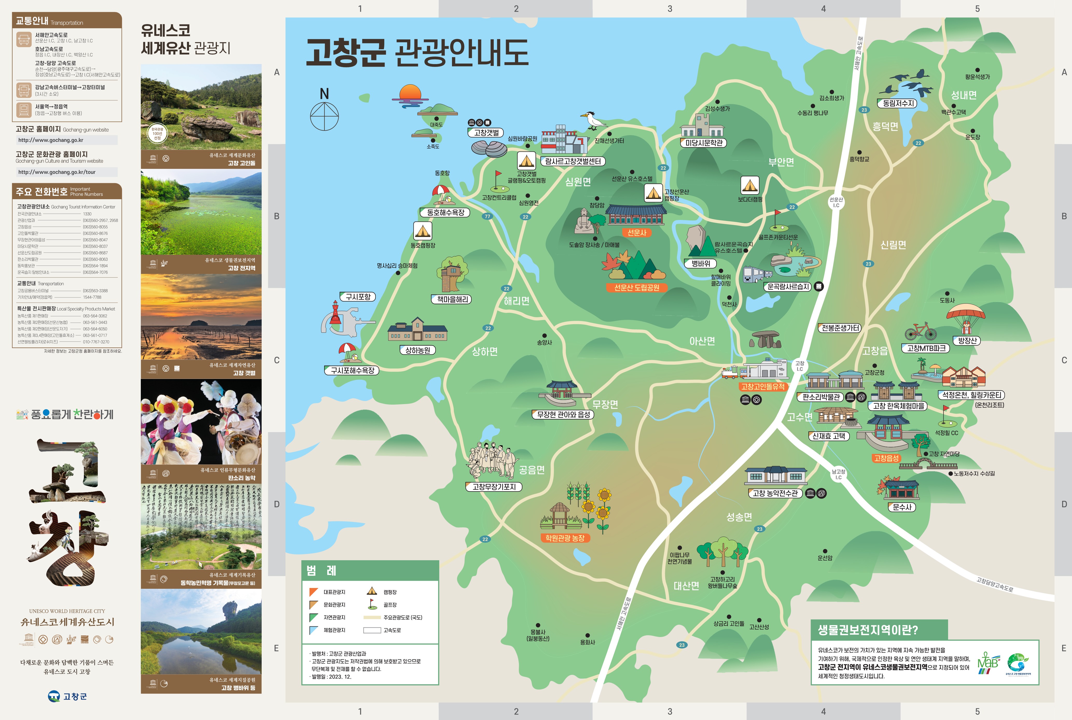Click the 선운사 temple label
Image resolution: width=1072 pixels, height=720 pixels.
637,233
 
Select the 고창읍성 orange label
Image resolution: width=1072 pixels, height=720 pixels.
886,458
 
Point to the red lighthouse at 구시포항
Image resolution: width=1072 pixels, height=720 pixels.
336,315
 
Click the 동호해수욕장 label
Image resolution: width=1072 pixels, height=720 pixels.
445,213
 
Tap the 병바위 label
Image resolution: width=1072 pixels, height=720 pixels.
701,264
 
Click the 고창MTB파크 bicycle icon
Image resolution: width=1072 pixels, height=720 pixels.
921,331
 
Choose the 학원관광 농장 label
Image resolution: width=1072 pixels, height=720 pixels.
565,538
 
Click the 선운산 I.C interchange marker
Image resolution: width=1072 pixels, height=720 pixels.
836,202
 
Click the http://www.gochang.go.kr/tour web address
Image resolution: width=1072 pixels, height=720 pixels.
57,172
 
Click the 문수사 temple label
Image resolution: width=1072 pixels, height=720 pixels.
902,507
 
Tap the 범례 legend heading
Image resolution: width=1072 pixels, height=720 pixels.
321,570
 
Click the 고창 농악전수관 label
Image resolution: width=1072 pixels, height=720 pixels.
775,493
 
